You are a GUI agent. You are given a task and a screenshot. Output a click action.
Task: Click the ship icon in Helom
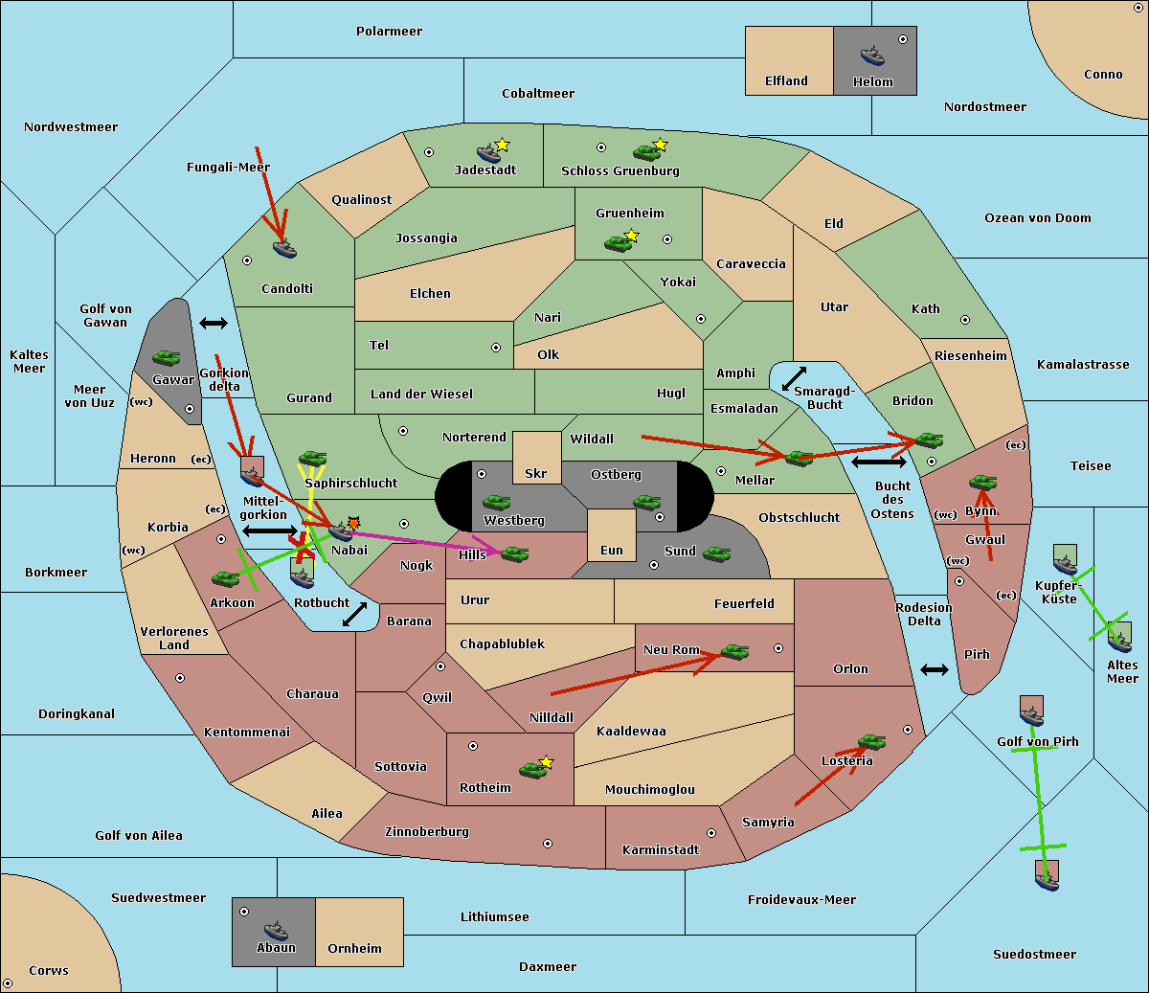871,56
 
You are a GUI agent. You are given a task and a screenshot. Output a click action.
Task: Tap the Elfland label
786,81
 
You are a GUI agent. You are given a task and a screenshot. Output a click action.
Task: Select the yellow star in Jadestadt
503,145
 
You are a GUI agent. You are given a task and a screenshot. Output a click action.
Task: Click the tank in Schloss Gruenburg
646,152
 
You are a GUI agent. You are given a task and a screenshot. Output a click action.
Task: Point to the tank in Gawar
167,358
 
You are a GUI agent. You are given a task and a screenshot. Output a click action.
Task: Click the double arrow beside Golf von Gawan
213,324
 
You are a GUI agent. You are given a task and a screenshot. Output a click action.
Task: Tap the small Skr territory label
535,474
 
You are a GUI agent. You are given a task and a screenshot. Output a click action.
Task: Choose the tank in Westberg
496,503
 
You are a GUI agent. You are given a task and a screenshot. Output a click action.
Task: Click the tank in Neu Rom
734,652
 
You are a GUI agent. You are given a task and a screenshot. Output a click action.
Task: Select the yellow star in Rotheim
547,762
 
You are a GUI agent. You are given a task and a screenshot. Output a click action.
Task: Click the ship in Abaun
276,930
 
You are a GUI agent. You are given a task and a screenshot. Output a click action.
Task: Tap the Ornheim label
354,949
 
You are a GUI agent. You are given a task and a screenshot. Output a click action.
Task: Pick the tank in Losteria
871,741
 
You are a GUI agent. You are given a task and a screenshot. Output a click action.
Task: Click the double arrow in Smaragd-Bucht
795,379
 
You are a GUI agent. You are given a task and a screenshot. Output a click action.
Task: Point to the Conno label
1103,75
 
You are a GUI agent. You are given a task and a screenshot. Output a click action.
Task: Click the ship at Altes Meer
1119,638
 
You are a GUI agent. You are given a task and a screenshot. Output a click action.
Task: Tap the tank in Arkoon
225,579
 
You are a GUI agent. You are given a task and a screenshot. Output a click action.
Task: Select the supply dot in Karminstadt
711,834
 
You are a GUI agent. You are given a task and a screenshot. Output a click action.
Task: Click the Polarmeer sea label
389,32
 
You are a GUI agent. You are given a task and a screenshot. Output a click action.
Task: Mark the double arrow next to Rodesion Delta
935,670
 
